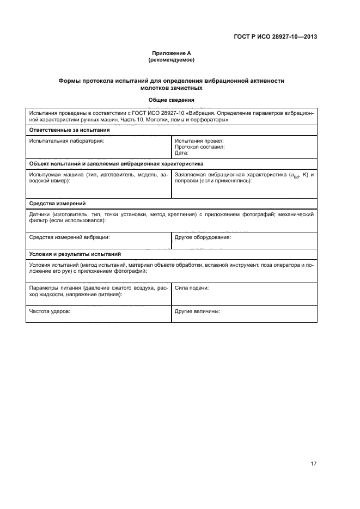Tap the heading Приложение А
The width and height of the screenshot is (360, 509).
[x=172, y=53]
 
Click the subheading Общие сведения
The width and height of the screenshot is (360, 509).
[x=172, y=99]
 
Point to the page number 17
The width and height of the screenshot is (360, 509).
[x=313, y=464]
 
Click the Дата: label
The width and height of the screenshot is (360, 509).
[x=182, y=153]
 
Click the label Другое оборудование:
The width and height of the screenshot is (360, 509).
[x=203, y=237]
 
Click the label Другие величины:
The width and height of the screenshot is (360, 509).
[x=197, y=312]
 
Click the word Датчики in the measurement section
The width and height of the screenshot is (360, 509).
[x=41, y=214]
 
